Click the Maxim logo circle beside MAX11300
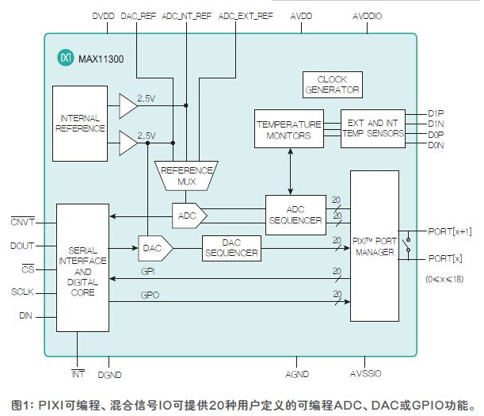tap(66, 57)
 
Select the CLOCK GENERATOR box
tap(333, 85)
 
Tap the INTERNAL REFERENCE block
tap(80, 124)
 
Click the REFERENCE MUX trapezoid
tap(186, 176)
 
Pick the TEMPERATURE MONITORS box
tap(289, 129)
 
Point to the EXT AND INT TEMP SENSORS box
tap(373, 128)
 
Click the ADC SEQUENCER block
tap(295, 215)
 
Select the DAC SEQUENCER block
tap(231, 248)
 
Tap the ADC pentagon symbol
tap(189, 216)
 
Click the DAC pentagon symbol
tap(155, 248)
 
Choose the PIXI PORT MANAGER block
tap(375, 246)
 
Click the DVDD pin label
tap(104, 16)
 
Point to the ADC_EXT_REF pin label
tap(246, 16)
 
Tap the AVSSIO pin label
tap(366, 374)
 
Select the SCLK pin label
tap(22, 292)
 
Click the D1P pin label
tap(436, 113)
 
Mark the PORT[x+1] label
tap(450, 231)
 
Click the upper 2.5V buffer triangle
tap(128, 106)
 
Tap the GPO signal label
tap(150, 296)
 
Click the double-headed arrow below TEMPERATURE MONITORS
tap(290, 171)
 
